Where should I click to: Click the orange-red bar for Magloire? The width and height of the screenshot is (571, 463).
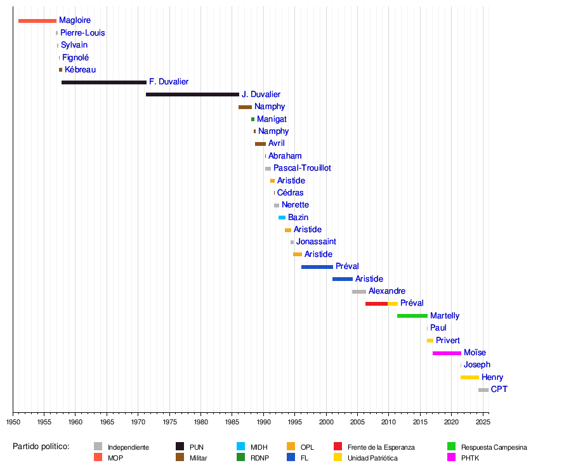point(37,21)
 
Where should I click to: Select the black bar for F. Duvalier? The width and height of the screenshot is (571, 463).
point(104,82)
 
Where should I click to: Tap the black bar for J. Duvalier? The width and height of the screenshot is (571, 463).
point(192,95)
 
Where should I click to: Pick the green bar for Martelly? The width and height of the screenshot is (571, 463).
point(412,316)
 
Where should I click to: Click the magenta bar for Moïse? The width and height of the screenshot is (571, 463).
point(447,353)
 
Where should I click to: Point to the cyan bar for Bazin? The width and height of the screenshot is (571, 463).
point(282,218)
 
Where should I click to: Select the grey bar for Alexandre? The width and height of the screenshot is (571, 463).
point(359,292)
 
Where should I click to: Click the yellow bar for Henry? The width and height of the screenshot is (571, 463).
point(469,377)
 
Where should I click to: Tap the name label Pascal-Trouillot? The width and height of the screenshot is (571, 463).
point(302,168)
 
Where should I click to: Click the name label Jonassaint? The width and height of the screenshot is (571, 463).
point(316,242)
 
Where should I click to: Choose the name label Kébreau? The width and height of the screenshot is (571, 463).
point(81,70)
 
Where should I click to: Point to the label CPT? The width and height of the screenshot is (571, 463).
point(499,389)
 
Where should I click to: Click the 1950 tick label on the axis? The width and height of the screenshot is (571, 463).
point(13,422)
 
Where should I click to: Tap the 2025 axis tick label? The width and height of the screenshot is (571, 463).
point(483,422)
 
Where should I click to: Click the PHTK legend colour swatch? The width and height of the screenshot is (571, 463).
point(452,457)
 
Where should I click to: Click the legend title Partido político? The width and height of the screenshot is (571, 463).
point(41,447)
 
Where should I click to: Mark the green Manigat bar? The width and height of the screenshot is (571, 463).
point(253,119)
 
